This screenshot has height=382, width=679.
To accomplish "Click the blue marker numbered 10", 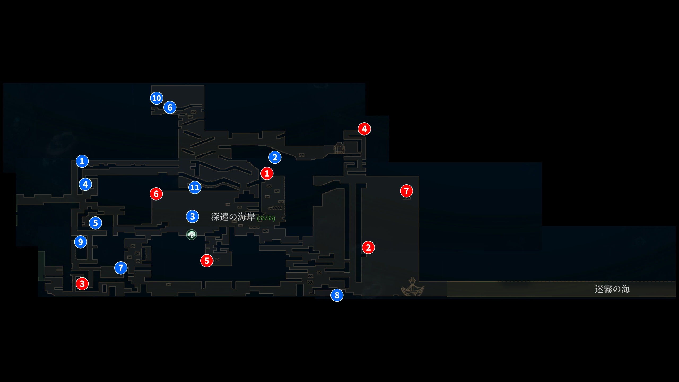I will point(156,98).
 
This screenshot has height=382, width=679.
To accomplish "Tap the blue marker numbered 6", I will point(170,107).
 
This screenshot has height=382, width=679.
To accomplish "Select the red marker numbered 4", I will point(364,129).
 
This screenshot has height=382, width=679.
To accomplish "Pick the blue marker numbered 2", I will point(275,157).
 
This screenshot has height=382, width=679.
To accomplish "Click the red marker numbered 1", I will point(267,173).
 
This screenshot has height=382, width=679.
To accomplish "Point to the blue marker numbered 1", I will point(82,161).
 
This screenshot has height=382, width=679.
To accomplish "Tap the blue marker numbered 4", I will point(85,184).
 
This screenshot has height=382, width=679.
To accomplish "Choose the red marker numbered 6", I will point(156,194).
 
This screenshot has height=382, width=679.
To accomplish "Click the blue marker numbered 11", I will point(195,188).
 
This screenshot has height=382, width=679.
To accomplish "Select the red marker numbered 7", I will point(406,191).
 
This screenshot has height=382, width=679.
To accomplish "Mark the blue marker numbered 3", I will point(193,216).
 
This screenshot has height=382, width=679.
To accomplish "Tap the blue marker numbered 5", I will point(95,223).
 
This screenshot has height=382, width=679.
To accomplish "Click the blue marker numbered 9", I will point(80,242).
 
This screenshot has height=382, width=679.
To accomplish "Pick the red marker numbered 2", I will point(368,248).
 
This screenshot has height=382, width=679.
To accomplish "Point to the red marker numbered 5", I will point(207,261).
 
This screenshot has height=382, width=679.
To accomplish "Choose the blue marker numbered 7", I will point(121,268).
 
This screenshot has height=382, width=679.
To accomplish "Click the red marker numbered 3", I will point(82,284).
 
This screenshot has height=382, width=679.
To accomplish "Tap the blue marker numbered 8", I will point(337,295).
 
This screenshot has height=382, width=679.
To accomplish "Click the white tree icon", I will point(191,235).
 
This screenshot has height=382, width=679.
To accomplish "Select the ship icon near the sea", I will point(412,287).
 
